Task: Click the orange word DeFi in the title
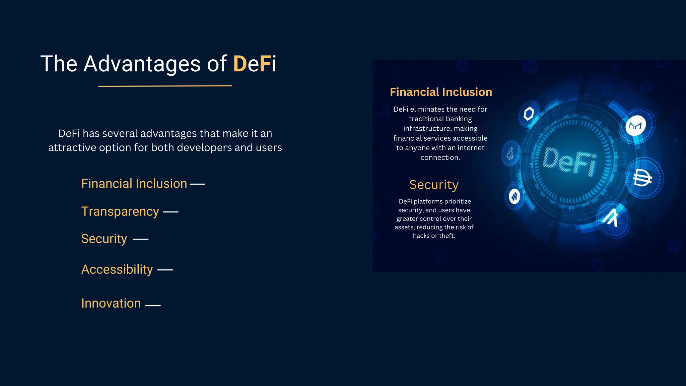(255, 64)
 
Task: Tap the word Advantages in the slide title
(142, 64)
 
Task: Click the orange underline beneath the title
(165, 86)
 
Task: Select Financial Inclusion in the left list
(134, 184)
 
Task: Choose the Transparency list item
(120, 211)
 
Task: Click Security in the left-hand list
(104, 239)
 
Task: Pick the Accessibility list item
(117, 269)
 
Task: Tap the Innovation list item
(111, 303)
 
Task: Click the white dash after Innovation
(153, 306)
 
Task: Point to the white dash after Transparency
(170, 212)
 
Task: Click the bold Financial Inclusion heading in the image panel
(441, 92)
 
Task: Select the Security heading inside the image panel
(434, 185)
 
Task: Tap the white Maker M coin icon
(635, 126)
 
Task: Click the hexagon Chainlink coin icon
(529, 114)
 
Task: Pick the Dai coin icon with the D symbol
(642, 178)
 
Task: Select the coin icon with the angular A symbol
(612, 218)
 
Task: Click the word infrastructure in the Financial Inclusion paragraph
(426, 129)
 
